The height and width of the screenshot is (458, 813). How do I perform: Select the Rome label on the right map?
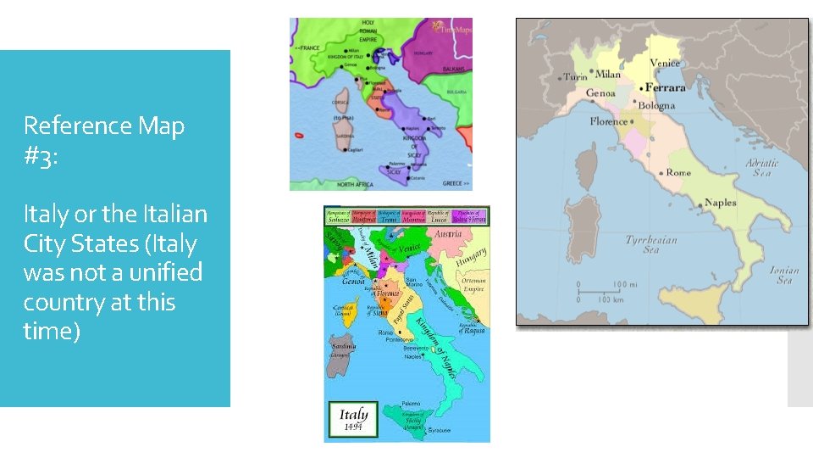coord(678,172)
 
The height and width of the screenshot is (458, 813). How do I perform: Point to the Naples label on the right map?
coord(720,203)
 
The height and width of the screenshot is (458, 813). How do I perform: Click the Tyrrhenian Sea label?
coord(651,244)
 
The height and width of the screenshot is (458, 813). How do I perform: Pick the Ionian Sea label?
coord(784,276)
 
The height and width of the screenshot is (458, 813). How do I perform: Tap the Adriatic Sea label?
coord(764,166)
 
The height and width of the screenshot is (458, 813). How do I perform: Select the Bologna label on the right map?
coord(657,105)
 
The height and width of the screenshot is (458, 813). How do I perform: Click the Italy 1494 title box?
coord(354,419)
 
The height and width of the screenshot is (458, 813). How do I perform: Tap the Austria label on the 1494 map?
coord(447,233)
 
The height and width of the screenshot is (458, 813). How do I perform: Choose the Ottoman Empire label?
coord(474,284)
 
